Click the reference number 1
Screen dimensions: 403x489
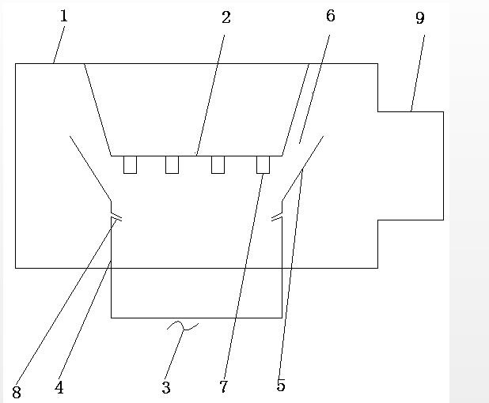click(63, 16)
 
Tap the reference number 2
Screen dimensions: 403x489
click(226, 18)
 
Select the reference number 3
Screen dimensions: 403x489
click(166, 388)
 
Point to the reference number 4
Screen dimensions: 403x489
click(59, 388)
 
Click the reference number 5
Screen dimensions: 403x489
click(281, 386)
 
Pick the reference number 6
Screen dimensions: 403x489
click(330, 17)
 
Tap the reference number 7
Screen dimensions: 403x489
click(224, 387)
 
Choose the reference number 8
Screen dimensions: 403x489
click(16, 391)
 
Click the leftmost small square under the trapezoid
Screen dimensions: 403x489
click(130, 164)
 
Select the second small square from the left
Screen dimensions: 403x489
click(172, 164)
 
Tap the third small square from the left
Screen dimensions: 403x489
click(218, 164)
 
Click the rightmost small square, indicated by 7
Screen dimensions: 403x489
click(263, 164)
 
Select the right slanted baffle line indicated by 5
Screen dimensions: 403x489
click(303, 167)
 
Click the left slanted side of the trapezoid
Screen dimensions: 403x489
click(97, 109)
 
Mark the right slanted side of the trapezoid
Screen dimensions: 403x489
click(296, 109)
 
